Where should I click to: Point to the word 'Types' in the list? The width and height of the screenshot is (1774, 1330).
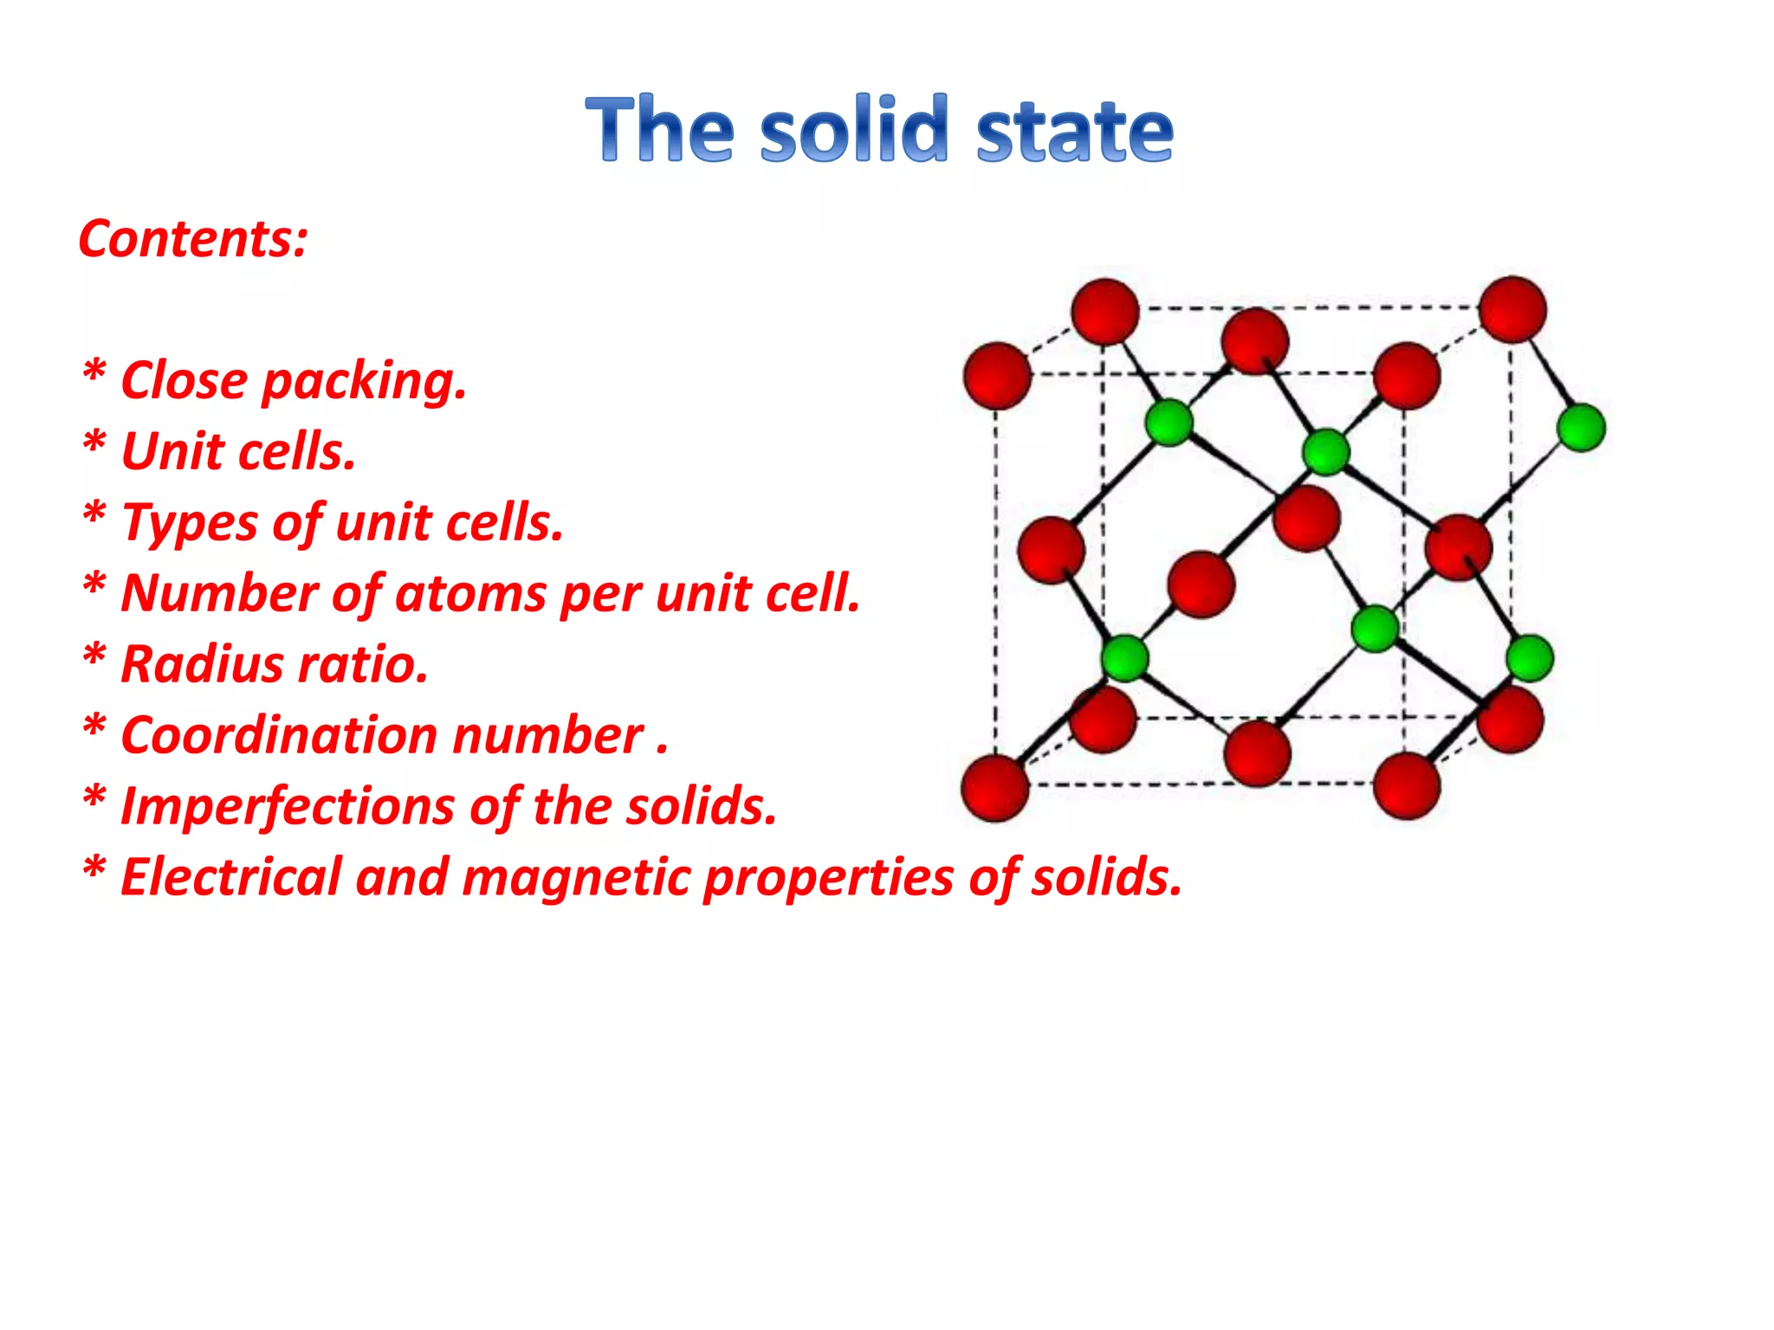coord(191,523)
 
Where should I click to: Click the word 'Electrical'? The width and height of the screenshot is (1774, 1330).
coord(230,877)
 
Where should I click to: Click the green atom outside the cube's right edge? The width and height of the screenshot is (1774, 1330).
coord(1581,427)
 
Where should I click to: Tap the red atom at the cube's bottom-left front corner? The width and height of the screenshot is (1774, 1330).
coord(995,787)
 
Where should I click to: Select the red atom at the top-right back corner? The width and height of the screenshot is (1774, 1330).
coord(1512,309)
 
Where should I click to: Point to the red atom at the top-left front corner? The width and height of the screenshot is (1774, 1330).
coord(997,375)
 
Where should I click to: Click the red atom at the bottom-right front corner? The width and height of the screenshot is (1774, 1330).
coord(1407,785)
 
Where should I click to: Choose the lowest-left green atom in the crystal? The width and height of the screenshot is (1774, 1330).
coord(1124,658)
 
